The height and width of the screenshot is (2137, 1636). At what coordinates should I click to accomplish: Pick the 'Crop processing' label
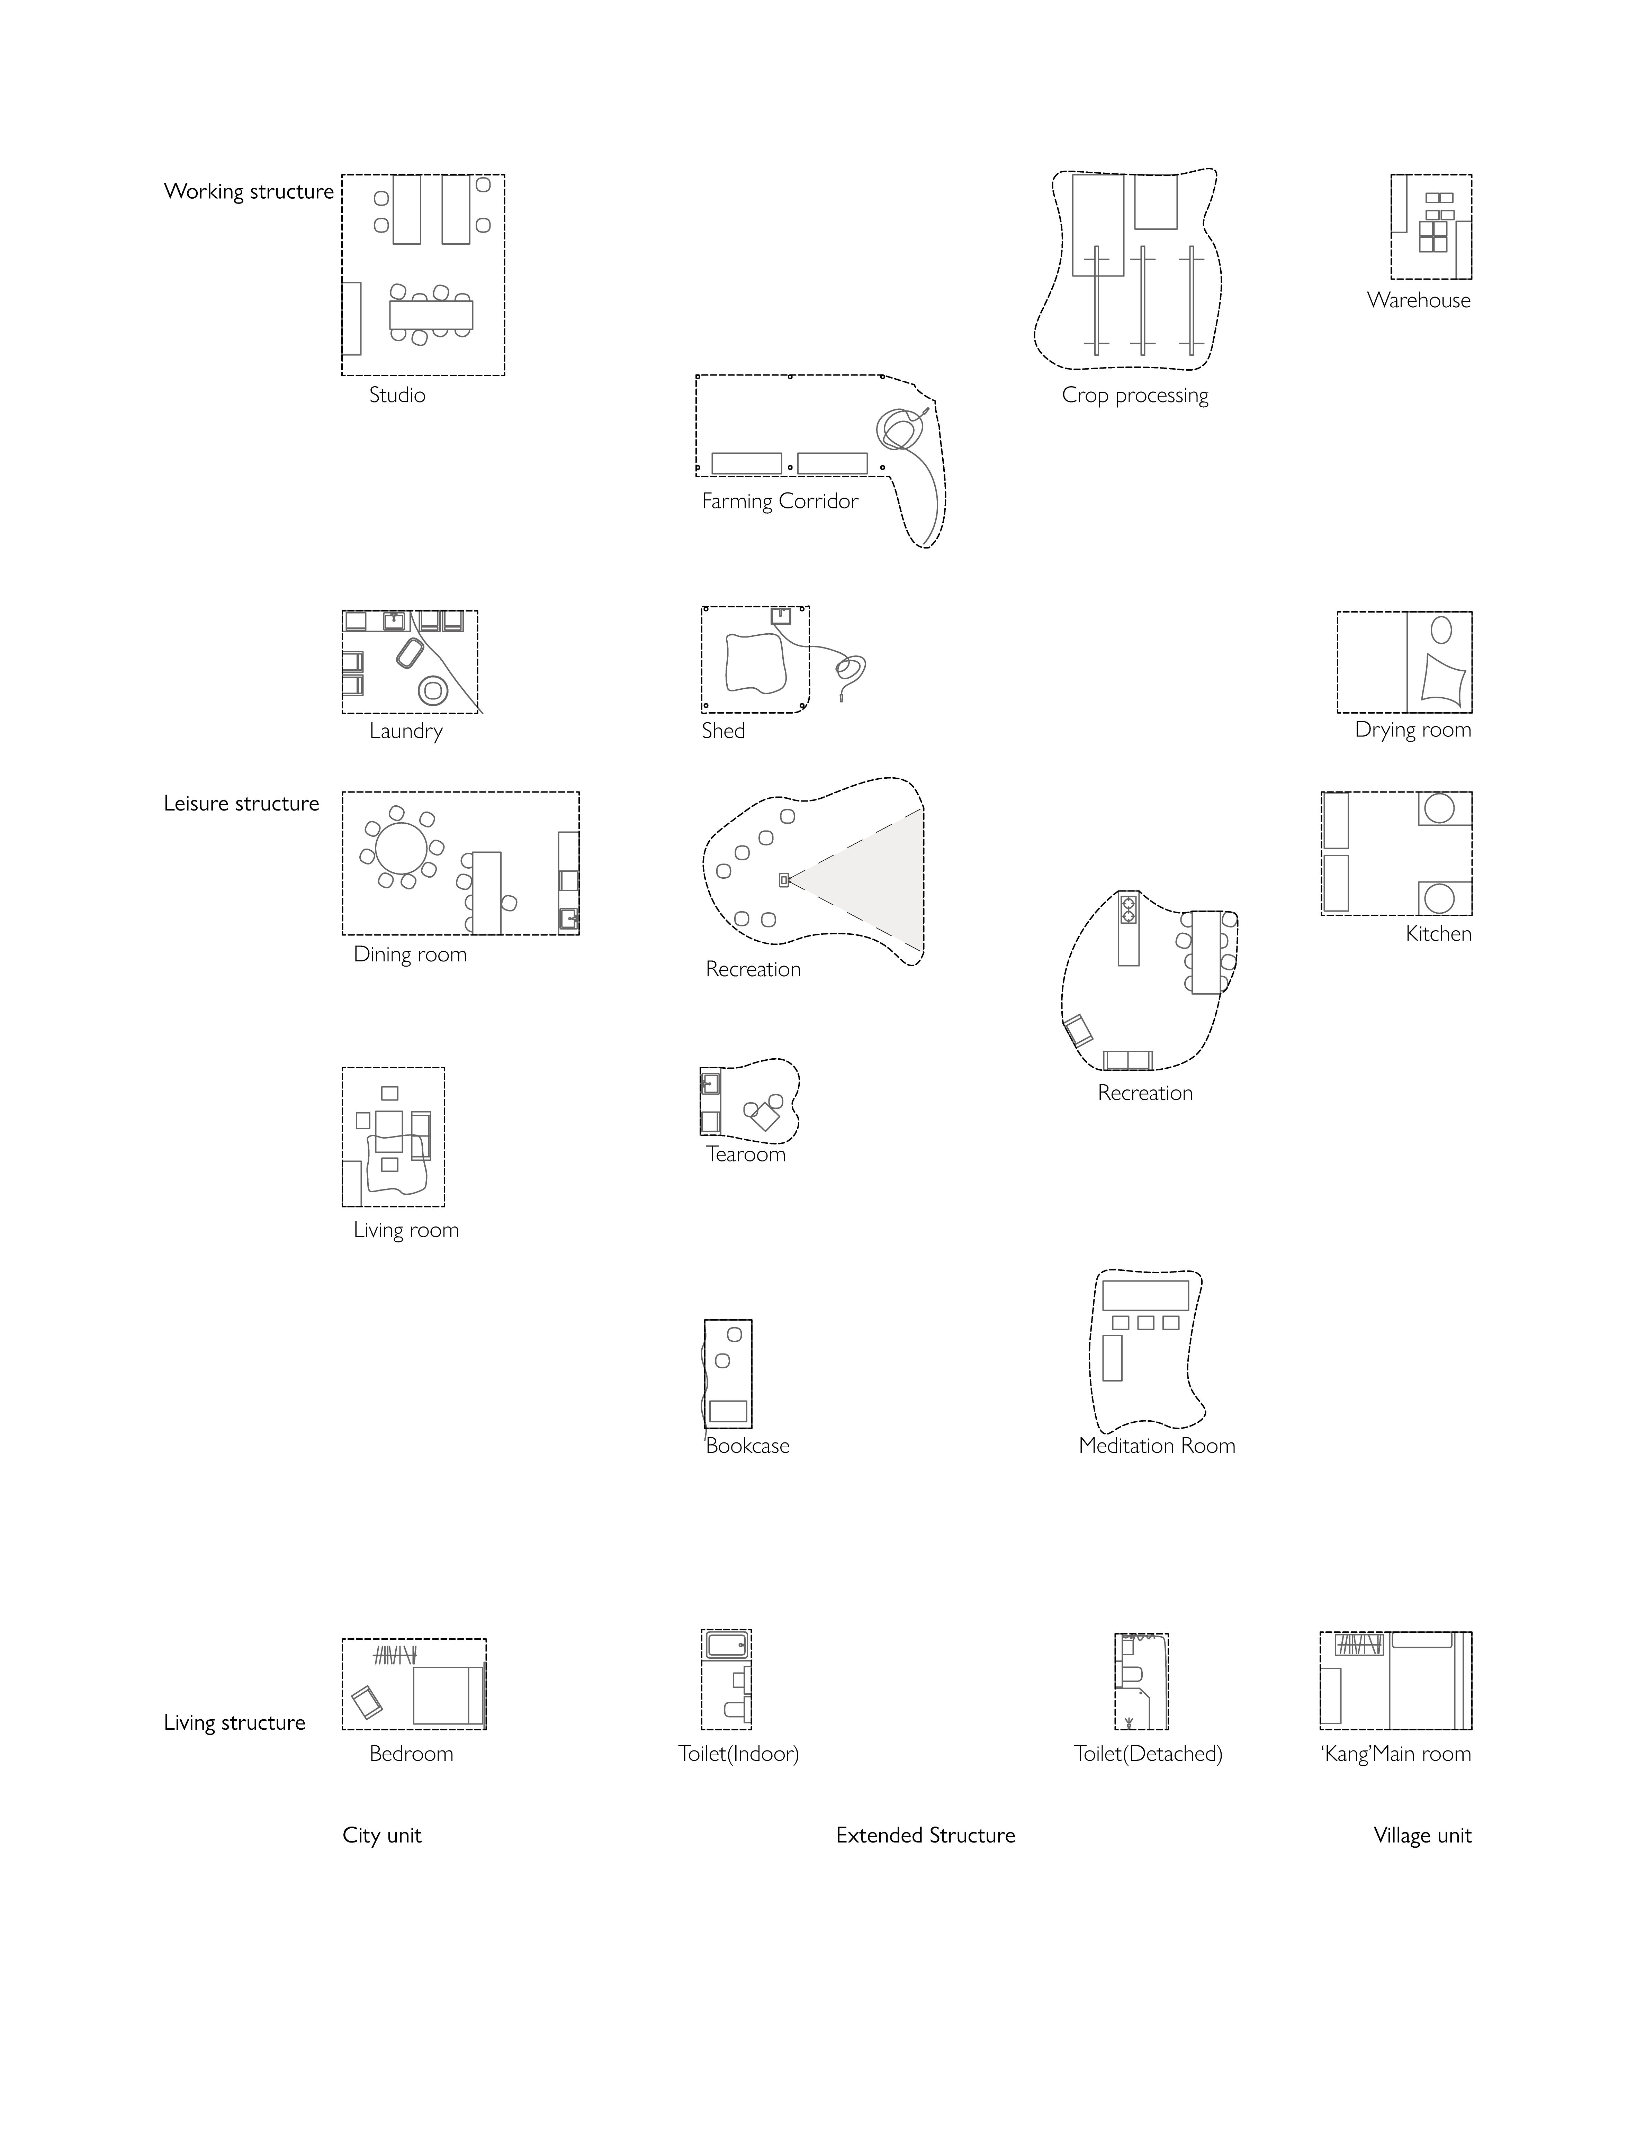pos(1134,395)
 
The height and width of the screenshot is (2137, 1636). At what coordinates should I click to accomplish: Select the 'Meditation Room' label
pos(1156,1446)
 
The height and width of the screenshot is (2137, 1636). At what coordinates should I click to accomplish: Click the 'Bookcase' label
pos(747,1446)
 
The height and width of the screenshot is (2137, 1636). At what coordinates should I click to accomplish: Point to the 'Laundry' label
pos(405,731)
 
